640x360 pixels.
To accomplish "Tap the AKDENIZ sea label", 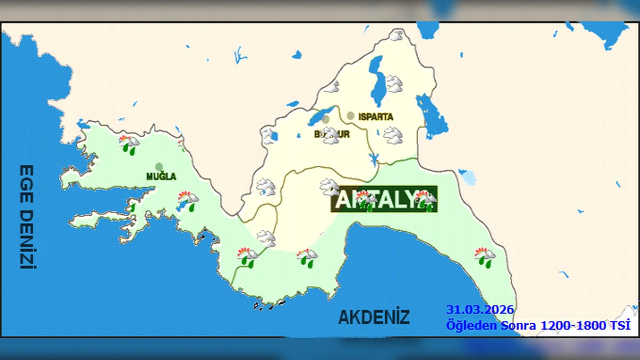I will pos(374,317).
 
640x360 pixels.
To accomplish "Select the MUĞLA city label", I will pos(161,177).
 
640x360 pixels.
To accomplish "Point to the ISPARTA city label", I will pos(375,116).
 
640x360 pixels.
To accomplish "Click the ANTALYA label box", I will pos(383,199).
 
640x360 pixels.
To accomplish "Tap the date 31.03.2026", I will pos(480,310).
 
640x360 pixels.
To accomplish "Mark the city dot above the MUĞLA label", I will pos(159,166).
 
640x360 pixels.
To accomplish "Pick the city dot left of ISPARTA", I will pos(350,115).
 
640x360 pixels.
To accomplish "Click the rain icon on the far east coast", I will pos(485,257).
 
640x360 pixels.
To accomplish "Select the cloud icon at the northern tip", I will pos(396,35).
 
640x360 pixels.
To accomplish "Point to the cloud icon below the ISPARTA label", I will pos(393,135).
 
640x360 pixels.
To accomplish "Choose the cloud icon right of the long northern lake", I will pos(394,83).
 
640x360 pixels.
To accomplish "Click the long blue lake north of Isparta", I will pos(378,80).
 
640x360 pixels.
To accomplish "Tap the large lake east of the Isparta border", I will pos(431,115).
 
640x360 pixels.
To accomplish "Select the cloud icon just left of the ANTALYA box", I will pos(329,187).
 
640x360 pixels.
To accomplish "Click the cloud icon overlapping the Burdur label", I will pos(330,135).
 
